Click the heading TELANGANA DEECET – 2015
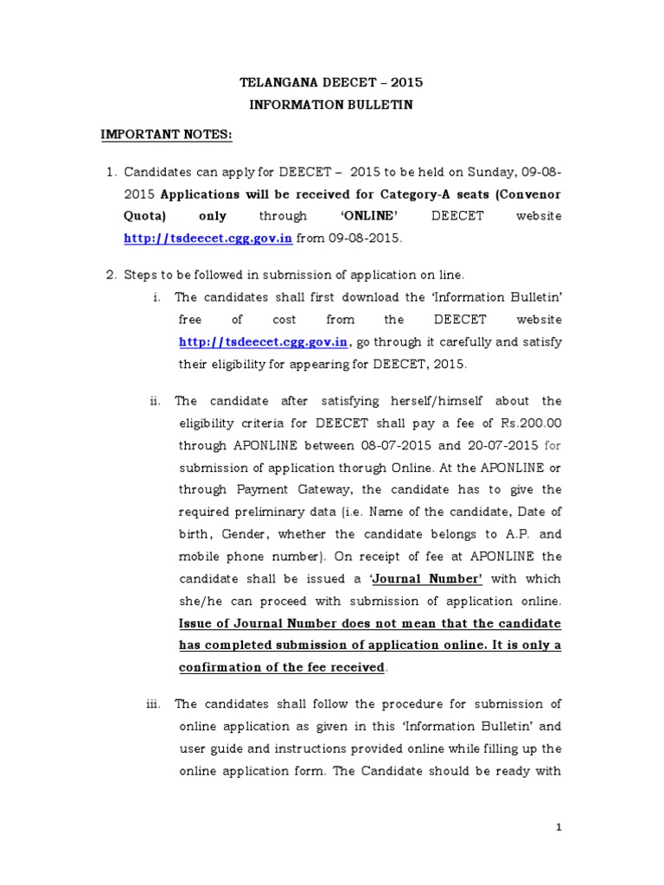[331, 84]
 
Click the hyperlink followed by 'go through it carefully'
[263, 341]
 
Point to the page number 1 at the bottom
[559, 828]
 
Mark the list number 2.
[110, 275]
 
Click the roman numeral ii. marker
[155, 401]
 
